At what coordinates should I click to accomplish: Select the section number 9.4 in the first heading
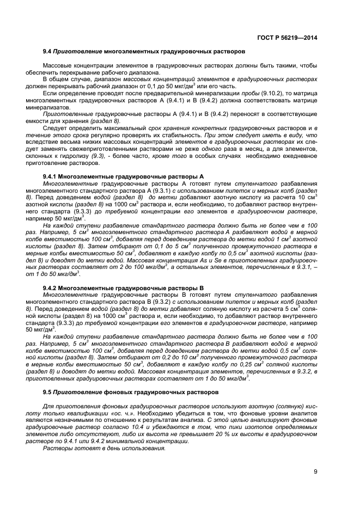46,51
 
